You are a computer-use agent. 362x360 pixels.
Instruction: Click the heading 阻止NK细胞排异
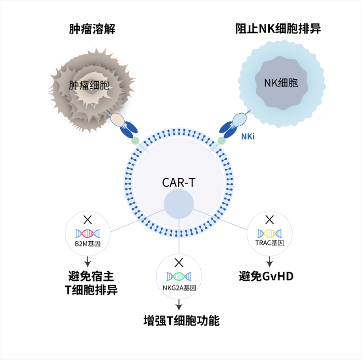[x=278, y=29]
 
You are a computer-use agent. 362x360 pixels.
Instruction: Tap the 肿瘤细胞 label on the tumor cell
[x=89, y=85]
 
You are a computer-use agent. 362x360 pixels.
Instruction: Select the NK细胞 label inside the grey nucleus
[x=280, y=83]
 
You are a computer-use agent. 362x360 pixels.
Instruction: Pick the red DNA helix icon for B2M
[x=88, y=233]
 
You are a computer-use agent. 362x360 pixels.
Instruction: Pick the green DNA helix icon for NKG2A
[x=178, y=276]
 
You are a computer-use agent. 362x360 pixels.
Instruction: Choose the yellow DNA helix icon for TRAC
[x=269, y=233]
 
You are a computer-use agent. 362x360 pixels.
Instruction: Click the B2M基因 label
[x=88, y=243]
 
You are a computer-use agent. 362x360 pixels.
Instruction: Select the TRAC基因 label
[x=269, y=243]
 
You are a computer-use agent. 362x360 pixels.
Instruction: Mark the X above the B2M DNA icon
[x=88, y=220]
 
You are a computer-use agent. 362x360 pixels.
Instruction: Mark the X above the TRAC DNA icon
[x=270, y=220]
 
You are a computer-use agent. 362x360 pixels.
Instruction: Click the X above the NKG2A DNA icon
[x=178, y=263]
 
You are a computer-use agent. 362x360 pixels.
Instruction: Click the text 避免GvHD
[x=266, y=277]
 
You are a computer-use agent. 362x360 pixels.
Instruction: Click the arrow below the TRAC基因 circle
[x=270, y=261]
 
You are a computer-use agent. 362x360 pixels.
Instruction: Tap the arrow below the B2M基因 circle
[x=88, y=261]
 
